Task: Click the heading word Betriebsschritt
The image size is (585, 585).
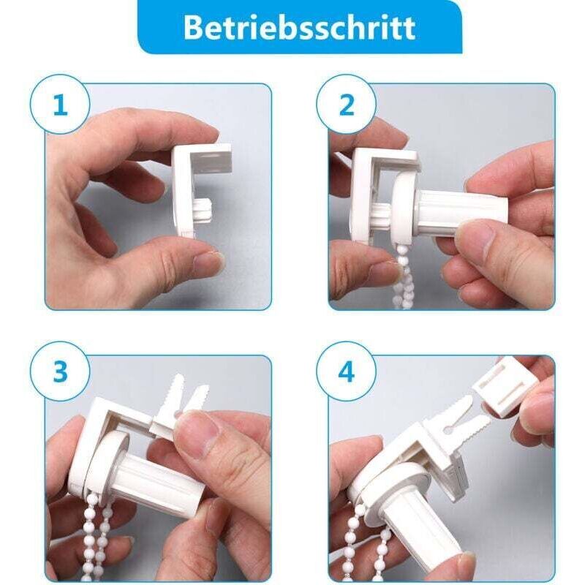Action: [299, 27]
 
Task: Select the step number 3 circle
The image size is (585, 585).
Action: [60, 372]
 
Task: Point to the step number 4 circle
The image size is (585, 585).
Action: [346, 372]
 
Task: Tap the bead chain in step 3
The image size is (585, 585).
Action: [95, 534]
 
